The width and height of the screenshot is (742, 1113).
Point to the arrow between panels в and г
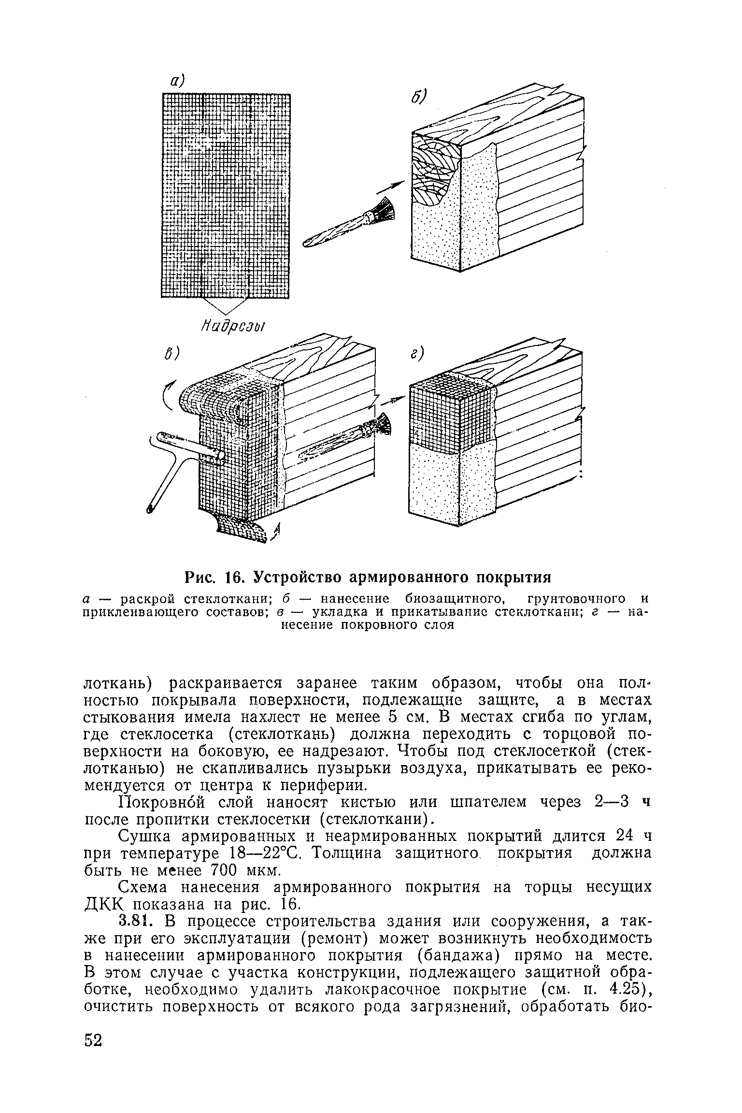point(392,400)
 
